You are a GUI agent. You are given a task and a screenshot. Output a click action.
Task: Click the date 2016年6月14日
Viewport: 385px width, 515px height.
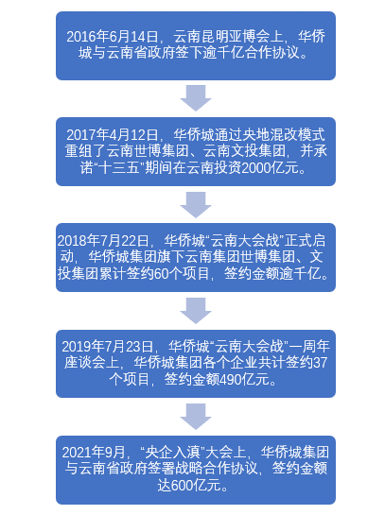tap(113, 36)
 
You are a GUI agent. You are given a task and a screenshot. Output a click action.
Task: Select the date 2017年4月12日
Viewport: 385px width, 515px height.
tap(113, 135)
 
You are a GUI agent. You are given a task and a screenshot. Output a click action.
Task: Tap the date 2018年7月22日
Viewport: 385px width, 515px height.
tap(103, 241)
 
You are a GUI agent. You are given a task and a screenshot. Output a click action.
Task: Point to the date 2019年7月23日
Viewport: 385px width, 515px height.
tap(108, 347)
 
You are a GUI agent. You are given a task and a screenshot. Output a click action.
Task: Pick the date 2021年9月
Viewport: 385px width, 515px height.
tap(94, 453)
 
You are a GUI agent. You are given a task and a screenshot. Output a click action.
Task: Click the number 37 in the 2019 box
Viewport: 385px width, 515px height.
tap(321, 363)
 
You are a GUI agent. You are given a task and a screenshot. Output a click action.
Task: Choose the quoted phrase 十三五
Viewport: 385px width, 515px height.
tap(119, 168)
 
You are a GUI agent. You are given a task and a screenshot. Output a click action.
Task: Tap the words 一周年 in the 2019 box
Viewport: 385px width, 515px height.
tap(309, 347)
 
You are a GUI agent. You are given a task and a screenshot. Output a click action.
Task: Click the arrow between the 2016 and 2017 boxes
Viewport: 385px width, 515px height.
tap(196, 98)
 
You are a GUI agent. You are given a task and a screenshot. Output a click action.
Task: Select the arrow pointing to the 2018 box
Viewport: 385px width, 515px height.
tap(196, 205)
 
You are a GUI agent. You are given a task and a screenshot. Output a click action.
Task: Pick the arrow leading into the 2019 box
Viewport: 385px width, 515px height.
tap(196, 311)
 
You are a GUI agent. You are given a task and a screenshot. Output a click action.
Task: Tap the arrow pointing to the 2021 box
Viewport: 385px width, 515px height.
tap(196, 417)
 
